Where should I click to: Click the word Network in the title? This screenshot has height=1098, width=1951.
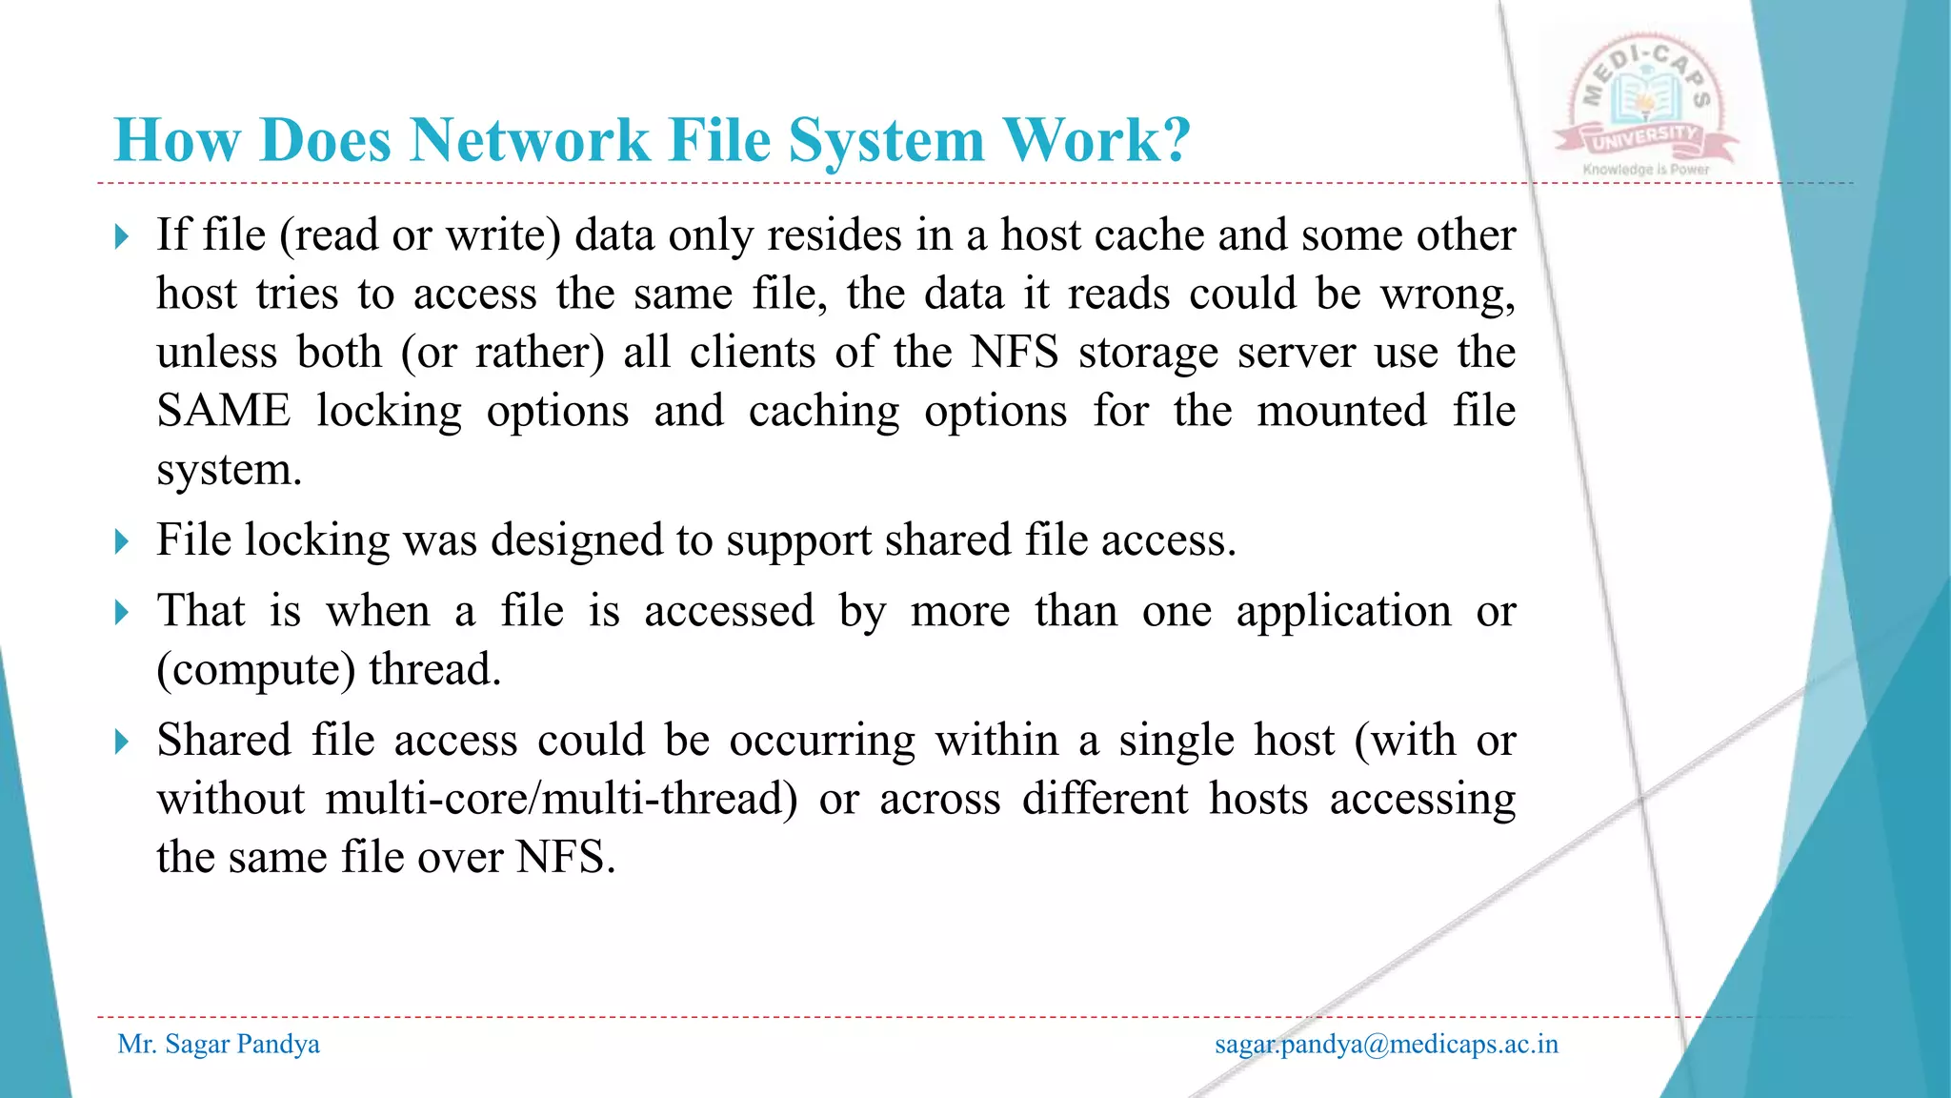(529, 140)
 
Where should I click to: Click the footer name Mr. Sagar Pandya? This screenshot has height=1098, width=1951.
(218, 1045)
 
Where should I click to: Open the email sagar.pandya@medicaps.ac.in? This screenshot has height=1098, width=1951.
(1386, 1045)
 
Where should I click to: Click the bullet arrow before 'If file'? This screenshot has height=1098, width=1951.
(121, 236)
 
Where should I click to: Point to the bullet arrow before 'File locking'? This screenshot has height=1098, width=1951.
(121, 541)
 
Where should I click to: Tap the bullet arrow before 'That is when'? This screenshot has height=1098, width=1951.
(121, 612)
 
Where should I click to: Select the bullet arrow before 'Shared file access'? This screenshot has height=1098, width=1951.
(121, 742)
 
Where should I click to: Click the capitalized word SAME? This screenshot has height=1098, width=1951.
(224, 411)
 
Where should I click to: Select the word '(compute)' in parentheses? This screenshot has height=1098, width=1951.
(255, 669)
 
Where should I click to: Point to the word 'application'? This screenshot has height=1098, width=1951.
(1343, 611)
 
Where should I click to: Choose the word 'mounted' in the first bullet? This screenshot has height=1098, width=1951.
(1341, 411)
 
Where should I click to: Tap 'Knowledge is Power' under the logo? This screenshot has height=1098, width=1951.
(1646, 170)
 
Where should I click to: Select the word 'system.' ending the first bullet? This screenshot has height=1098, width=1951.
(230, 470)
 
